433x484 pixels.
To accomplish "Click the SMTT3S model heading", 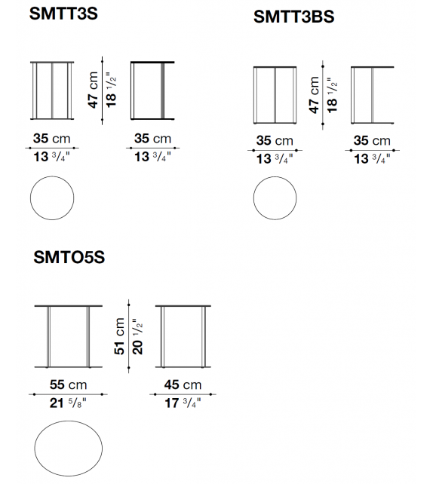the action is point(63,14).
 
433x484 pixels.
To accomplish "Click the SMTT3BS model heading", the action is point(293,17).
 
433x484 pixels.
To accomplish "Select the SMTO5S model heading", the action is point(69,257).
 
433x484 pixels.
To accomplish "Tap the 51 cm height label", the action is point(119,336).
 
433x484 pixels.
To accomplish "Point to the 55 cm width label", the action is point(68,385).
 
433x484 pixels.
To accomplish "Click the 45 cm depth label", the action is point(183,385).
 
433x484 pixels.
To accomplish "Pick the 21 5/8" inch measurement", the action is point(68,403).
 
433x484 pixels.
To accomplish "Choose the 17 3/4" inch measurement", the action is point(183,403).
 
